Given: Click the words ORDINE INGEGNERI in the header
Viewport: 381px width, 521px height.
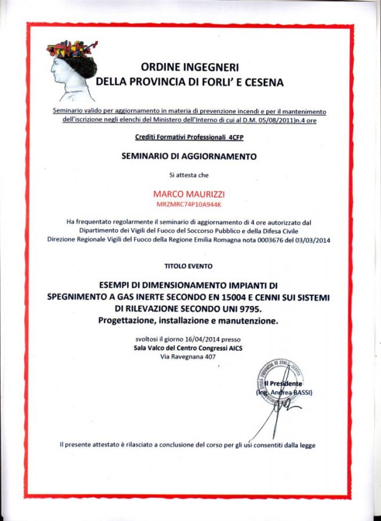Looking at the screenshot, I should pyautogui.click(x=190, y=67).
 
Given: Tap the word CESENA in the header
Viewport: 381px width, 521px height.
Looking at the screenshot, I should pyautogui.click(x=263, y=82).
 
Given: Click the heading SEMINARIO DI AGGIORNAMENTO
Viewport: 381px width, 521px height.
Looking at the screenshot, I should pyautogui.click(x=189, y=156).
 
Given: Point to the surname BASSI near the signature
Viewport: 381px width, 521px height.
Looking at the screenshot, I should pyautogui.click(x=300, y=392).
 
